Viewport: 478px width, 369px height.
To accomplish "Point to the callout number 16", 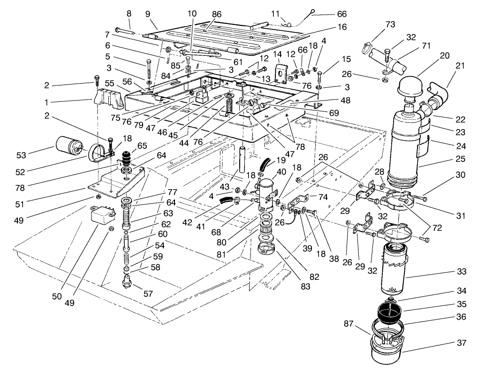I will tap(342, 27).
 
